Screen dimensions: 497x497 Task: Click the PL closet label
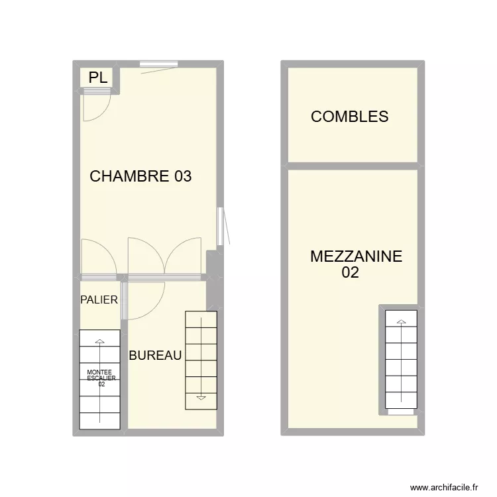tap(97, 78)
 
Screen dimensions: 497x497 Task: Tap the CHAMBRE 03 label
tap(140, 176)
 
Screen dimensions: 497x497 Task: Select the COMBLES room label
tap(349, 117)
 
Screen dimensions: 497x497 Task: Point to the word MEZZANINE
tap(356, 257)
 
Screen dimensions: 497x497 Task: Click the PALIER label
tap(99, 300)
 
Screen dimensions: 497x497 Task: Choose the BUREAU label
tap(155, 356)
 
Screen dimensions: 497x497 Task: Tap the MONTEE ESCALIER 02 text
tap(101, 378)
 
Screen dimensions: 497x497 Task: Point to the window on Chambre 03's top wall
tap(159, 64)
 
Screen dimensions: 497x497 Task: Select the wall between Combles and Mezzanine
tap(353, 166)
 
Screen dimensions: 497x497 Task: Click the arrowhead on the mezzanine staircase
tap(401, 322)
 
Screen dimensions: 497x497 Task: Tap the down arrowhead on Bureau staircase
tap(201, 398)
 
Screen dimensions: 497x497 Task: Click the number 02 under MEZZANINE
tap(350, 272)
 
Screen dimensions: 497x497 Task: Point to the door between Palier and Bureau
tap(124, 302)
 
